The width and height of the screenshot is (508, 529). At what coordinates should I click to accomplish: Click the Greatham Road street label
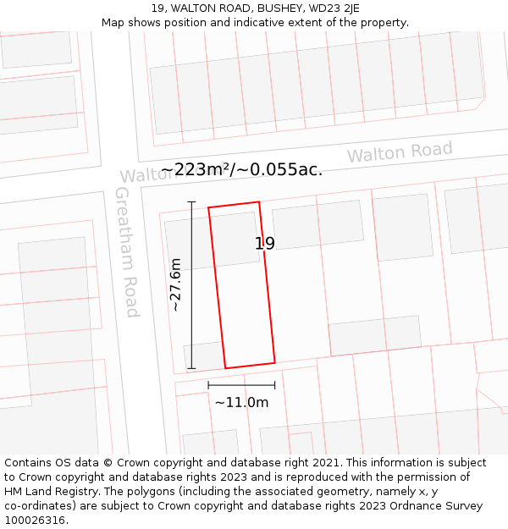126,251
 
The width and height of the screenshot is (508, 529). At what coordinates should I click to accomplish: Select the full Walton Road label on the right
400,153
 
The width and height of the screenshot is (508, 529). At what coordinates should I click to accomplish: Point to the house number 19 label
265,244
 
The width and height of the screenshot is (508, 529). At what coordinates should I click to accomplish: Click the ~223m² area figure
195,170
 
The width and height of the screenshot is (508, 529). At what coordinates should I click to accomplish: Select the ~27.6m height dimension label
176,284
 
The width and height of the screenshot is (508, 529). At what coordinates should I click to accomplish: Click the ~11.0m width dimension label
241,403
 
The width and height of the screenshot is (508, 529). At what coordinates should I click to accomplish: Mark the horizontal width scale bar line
241,385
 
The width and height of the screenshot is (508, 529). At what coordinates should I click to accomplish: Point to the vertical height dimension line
191,284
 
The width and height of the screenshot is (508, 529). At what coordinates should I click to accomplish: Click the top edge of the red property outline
234,204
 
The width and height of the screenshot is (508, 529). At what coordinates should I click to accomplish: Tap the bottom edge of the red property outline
250,366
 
